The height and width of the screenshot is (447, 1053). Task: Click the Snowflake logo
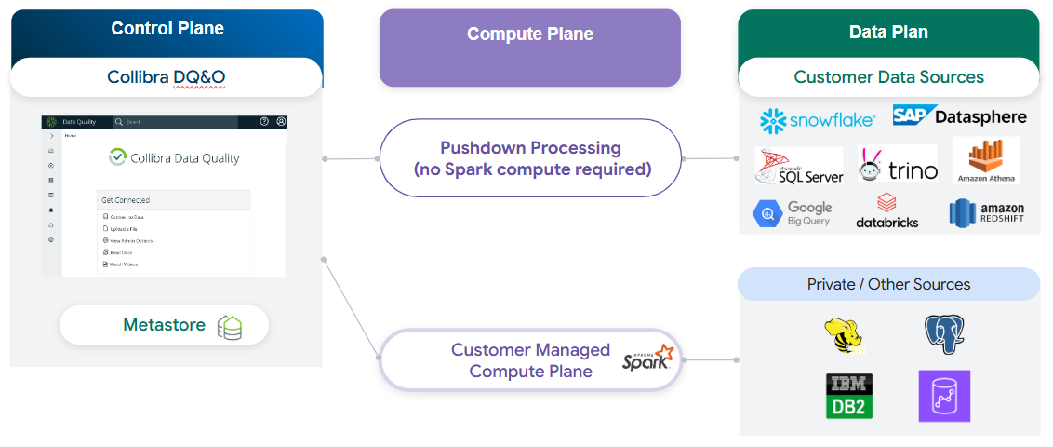[x=818, y=119]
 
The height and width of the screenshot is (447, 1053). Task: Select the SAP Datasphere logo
[x=959, y=115]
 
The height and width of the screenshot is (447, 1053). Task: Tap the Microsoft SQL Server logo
[x=799, y=166]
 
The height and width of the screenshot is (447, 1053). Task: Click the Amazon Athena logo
[x=986, y=160]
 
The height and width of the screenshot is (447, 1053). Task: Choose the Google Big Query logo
[x=793, y=213]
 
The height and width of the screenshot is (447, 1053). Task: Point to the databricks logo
[x=886, y=211]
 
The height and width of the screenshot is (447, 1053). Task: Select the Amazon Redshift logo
[x=986, y=213]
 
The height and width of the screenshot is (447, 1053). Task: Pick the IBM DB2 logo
[x=848, y=396]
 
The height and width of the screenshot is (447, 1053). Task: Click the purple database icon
[x=943, y=396]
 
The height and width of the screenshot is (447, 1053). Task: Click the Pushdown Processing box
[x=530, y=158]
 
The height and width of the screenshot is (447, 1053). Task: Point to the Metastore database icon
[x=230, y=327]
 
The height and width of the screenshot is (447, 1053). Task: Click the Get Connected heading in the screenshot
[x=126, y=200]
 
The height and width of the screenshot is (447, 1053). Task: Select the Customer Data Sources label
[x=888, y=77]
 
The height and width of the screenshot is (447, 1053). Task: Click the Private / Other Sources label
[x=888, y=284]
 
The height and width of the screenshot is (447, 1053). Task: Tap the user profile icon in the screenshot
[x=281, y=122]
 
